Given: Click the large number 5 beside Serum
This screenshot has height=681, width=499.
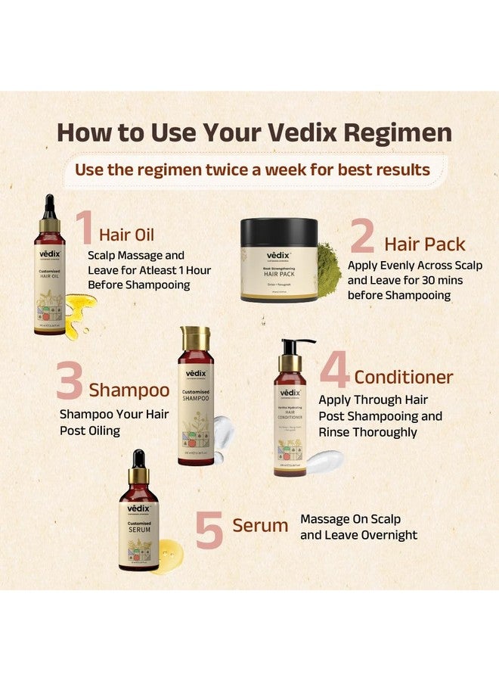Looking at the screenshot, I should click(x=209, y=530).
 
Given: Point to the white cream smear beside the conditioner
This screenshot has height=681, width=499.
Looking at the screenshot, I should click(x=324, y=459).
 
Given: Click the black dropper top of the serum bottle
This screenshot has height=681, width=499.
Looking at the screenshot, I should click(x=138, y=461).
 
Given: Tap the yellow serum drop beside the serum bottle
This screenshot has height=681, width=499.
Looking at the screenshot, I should click(x=168, y=556).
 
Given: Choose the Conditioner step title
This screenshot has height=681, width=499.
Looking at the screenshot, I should click(x=404, y=377).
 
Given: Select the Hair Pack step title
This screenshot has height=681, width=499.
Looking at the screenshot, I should click(x=425, y=244).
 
